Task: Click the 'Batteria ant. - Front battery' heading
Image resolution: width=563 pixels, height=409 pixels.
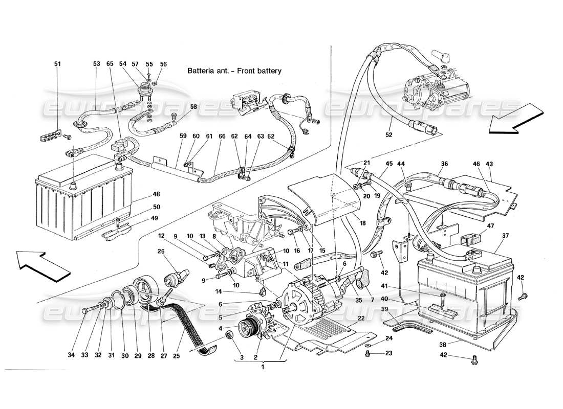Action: pos(234,71)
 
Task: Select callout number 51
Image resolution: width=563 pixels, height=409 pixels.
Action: pos(57,64)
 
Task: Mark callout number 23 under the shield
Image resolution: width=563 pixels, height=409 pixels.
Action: pos(389,353)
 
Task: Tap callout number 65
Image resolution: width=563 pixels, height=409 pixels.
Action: pos(109,64)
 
